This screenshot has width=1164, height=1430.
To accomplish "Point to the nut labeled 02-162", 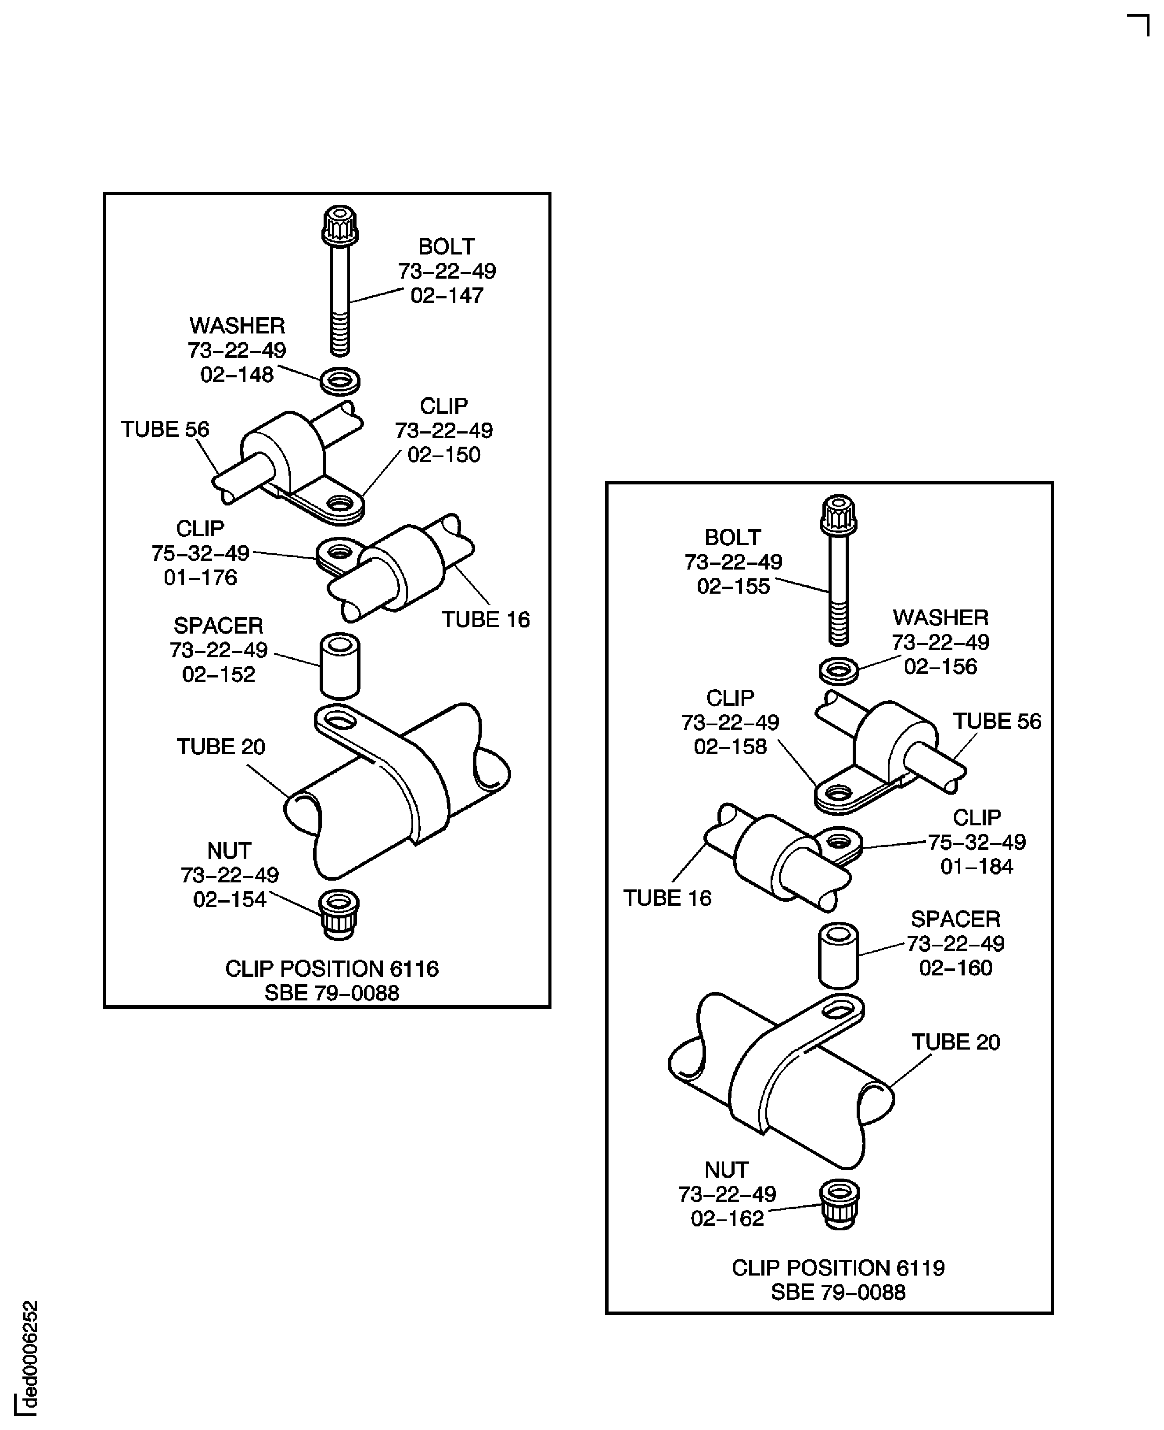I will [x=840, y=1204].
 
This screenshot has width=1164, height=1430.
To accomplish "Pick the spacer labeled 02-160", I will [x=838, y=956].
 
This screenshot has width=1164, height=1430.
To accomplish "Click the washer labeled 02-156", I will [x=839, y=671].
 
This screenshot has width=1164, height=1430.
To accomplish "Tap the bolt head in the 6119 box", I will [x=839, y=515].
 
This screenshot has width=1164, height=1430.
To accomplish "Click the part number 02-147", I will [x=447, y=295].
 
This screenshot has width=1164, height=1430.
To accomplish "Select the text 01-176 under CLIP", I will [x=201, y=577].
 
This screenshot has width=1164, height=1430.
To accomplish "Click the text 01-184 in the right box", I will [x=976, y=867].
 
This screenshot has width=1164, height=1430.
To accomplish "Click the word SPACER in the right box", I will [x=955, y=919].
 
